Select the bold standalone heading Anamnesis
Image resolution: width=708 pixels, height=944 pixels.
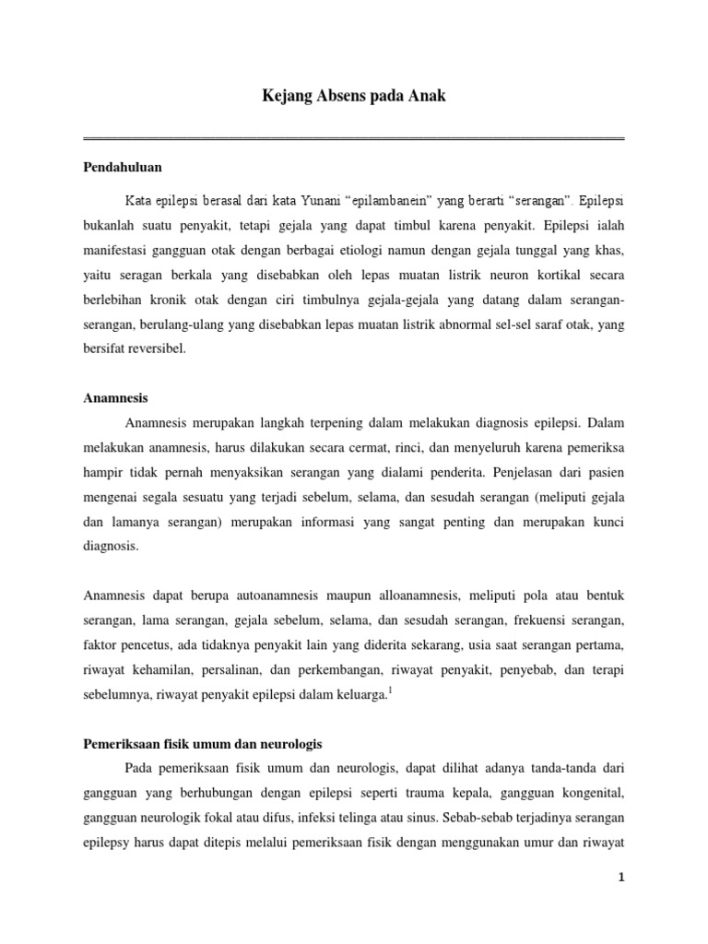pos(115,398)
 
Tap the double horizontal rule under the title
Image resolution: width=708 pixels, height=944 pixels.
pos(353,138)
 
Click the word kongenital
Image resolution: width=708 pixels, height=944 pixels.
pos(593,791)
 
